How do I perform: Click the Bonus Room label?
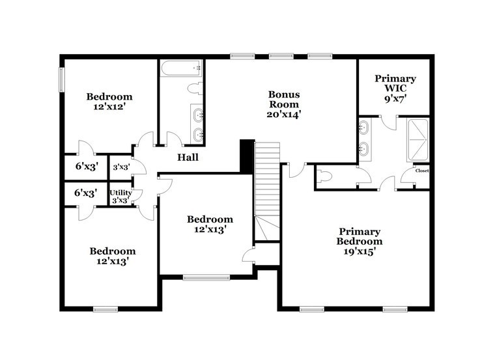click(x=284, y=99)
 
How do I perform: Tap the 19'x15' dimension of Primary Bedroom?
click(x=360, y=251)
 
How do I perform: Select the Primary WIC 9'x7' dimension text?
click(x=395, y=99)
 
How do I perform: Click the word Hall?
click(x=188, y=157)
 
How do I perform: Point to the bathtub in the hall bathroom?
click(x=181, y=68)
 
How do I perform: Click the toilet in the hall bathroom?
click(x=195, y=88)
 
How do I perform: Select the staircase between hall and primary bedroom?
click(x=267, y=191)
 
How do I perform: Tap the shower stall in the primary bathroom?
click(x=417, y=140)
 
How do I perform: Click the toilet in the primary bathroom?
click(x=324, y=176)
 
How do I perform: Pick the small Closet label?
click(x=422, y=171)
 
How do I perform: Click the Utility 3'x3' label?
click(x=120, y=196)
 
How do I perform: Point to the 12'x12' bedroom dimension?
click(x=109, y=107)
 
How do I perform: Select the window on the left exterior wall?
click(x=62, y=79)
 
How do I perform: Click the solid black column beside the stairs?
click(x=247, y=156)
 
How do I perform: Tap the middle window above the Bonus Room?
click(x=281, y=57)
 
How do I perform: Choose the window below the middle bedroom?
click(x=206, y=278)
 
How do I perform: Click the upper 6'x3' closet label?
click(x=87, y=166)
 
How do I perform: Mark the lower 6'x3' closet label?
click(x=85, y=193)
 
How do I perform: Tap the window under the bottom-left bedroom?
click(x=106, y=309)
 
